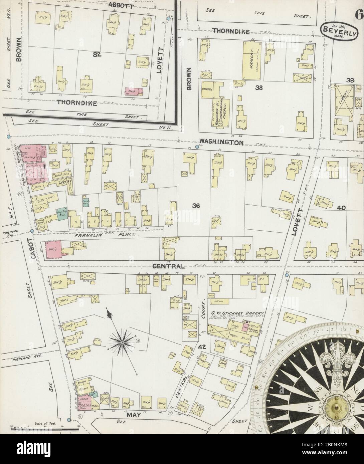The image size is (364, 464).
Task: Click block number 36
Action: pyautogui.click(x=196, y=206)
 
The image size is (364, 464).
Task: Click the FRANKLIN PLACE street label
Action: pyautogui.click(x=105, y=235)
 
